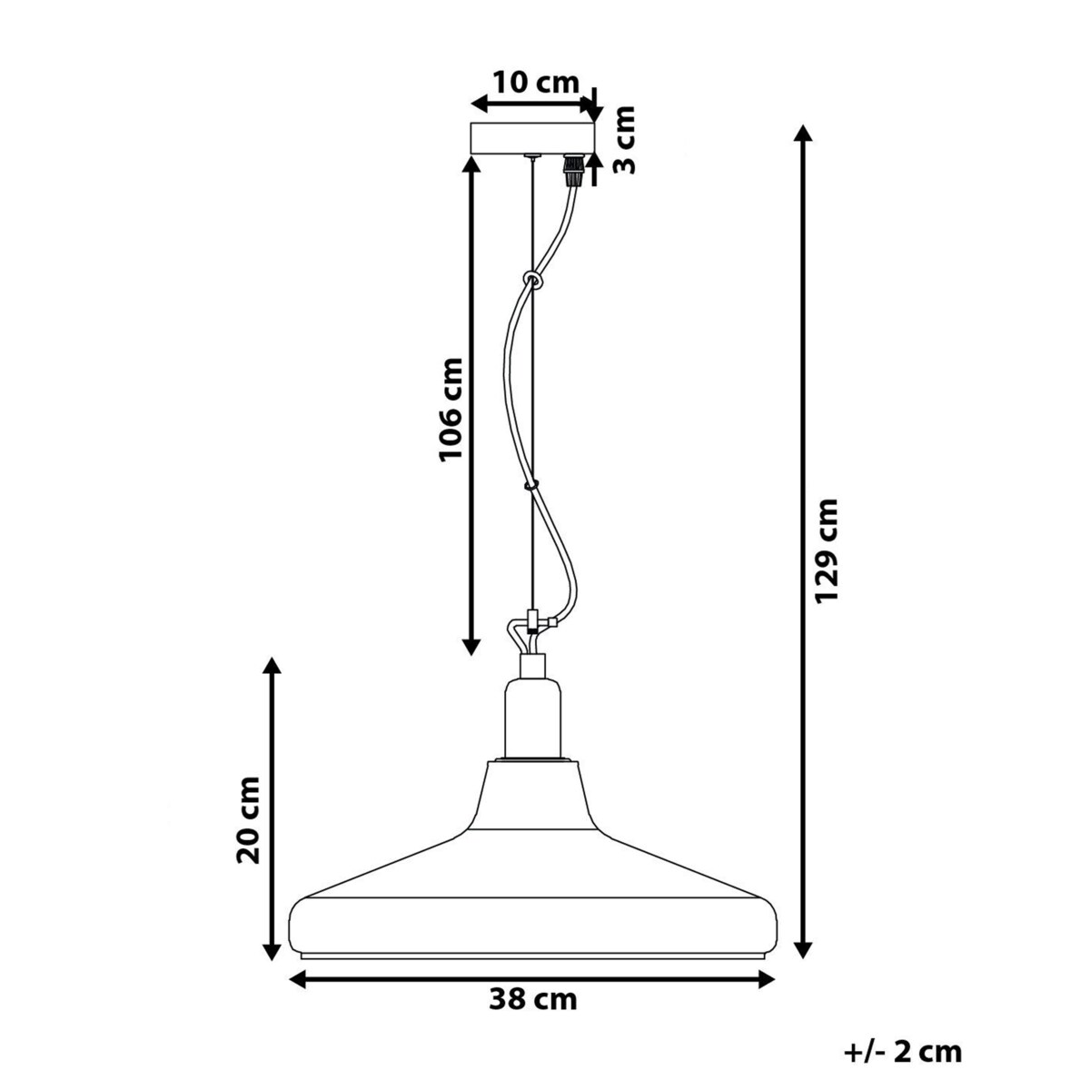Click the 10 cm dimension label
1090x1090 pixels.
(x=535, y=82)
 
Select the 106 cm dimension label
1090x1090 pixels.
(x=451, y=409)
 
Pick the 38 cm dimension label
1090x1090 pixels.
(x=533, y=1001)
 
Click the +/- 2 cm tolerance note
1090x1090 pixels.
(x=901, y=1052)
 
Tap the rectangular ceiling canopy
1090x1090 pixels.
(x=531, y=138)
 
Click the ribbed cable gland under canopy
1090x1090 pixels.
(x=573, y=169)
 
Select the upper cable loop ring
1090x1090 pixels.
(x=531, y=279)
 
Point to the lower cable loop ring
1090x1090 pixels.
(x=532, y=485)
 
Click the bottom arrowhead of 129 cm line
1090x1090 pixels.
(x=801, y=950)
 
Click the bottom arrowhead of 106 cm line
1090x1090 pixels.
(x=471, y=646)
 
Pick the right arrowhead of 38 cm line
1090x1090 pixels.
(x=766, y=978)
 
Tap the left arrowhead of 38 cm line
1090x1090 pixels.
(x=298, y=978)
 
